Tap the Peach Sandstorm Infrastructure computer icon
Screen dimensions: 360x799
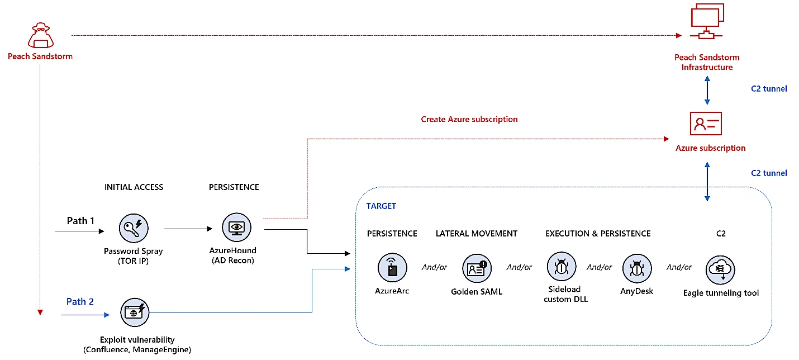tap(707, 22)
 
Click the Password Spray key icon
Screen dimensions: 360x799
tap(134, 228)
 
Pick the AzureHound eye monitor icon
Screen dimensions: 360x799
tap(237, 228)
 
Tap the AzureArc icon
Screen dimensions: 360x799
tap(392, 268)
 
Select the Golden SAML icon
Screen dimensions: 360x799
tap(477, 268)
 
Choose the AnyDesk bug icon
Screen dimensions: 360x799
tap(637, 268)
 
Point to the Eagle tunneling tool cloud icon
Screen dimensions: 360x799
tap(721, 269)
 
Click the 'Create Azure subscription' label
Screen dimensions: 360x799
tap(469, 119)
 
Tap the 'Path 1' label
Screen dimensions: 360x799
tap(80, 221)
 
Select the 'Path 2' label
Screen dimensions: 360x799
tap(80, 302)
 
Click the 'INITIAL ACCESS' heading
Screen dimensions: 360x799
tap(134, 187)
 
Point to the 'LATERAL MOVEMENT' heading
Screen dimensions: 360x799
tap(477, 233)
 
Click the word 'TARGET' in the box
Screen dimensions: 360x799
tap(381, 206)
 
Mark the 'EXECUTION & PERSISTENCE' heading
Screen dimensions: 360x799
tap(598, 233)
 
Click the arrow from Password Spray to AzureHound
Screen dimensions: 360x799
tap(187, 228)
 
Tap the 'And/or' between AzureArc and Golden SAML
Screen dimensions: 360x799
tap(434, 267)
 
